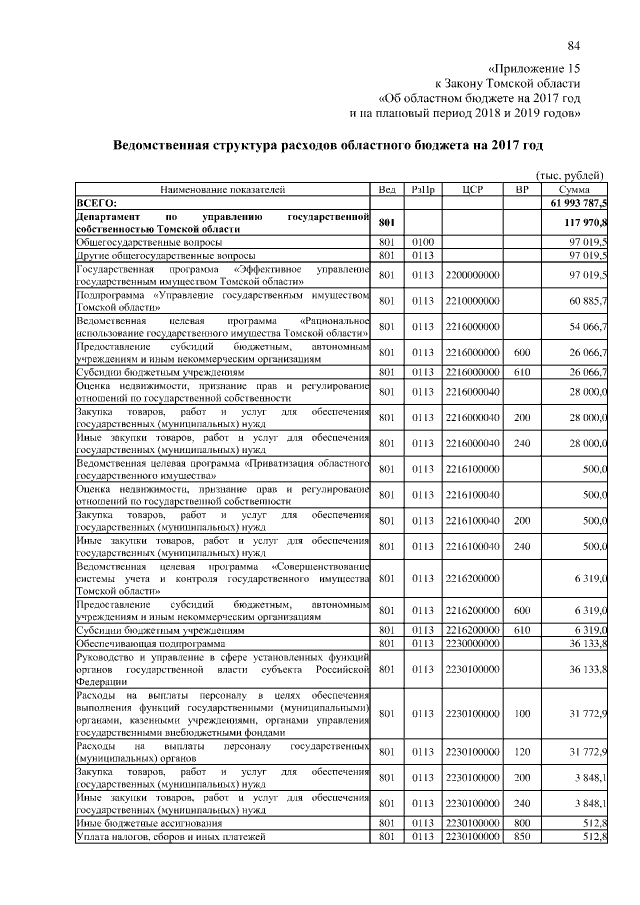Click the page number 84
click(574, 46)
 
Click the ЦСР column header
click(469, 189)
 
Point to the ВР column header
click(520, 189)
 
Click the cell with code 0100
click(421, 242)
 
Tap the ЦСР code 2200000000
click(471, 274)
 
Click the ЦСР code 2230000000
click(471, 643)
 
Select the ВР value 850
click(520, 835)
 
